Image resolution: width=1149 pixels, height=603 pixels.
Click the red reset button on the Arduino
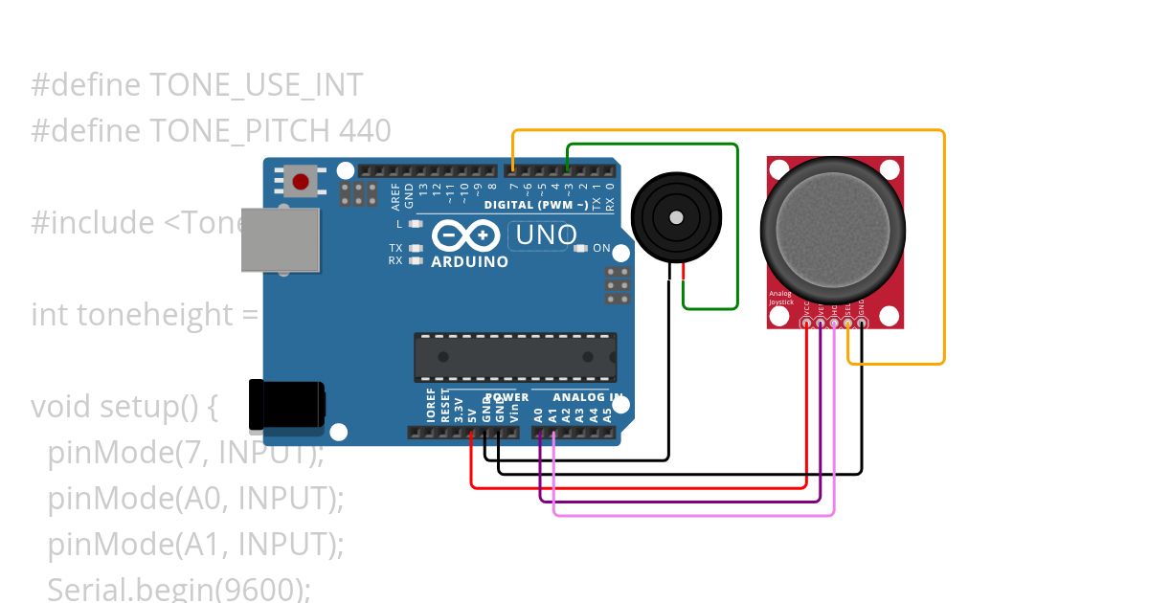point(301,181)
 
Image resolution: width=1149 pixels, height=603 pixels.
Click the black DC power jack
point(285,405)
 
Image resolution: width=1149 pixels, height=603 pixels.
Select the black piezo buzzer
point(676,216)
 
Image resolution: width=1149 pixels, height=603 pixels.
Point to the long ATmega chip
point(514,355)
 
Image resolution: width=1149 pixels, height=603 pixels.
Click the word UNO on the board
point(547,234)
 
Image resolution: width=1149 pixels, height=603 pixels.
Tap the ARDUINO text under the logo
point(469,261)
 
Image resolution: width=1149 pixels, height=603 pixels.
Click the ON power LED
point(580,249)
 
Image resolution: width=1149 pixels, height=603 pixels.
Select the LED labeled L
point(415,224)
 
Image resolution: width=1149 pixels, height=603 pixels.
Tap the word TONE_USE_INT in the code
point(257,85)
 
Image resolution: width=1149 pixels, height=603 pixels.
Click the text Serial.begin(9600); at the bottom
point(179,589)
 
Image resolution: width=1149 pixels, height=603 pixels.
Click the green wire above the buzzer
point(651,145)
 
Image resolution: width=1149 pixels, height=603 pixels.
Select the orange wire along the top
point(728,130)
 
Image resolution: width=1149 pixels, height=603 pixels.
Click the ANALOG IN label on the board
point(588,397)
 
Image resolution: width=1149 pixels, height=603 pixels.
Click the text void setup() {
point(125,407)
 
